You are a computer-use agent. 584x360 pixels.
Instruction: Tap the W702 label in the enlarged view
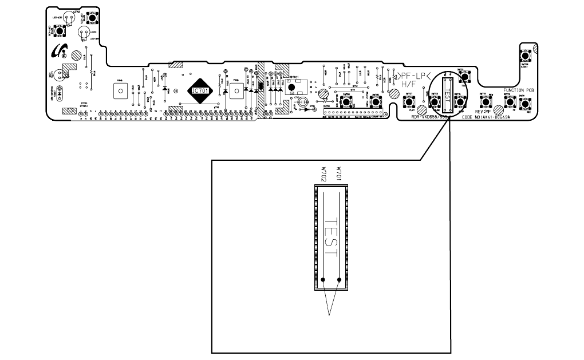[x=323, y=175]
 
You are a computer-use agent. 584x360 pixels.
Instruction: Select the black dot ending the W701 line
[x=340, y=280]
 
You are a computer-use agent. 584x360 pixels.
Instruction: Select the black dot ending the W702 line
[x=323, y=280]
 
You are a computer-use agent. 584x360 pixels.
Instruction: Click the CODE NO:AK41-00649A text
[x=486, y=117]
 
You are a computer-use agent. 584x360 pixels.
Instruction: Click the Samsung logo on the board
[x=58, y=52]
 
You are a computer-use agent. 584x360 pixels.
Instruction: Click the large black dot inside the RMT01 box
[x=291, y=88]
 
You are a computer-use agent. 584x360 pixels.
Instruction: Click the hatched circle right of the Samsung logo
[x=76, y=55]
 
